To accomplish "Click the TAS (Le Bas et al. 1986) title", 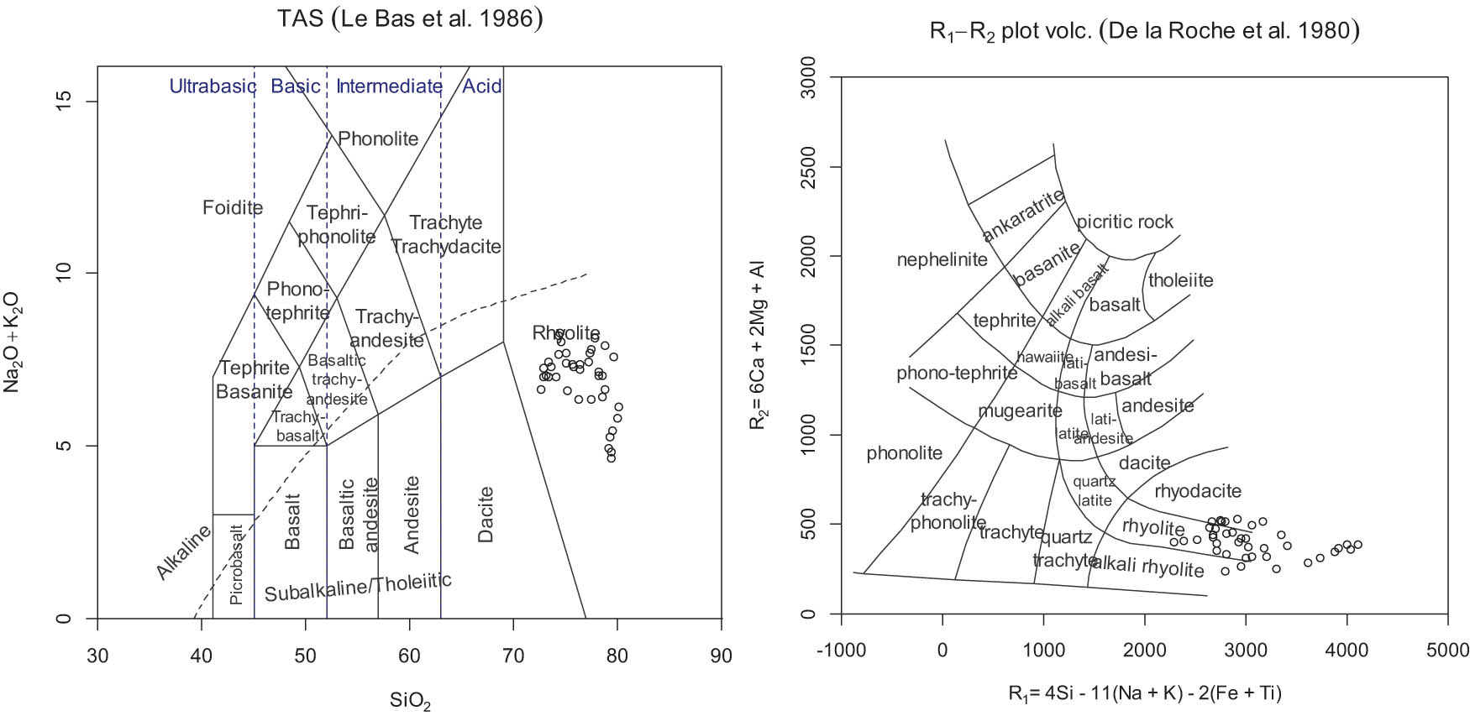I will click(x=410, y=19).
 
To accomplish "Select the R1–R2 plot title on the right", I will click(x=1144, y=31).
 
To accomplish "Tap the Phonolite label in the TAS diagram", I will click(x=378, y=139).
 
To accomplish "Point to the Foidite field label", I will click(x=233, y=207).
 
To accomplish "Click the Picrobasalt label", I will click(x=236, y=565).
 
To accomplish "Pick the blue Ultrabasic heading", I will click(x=213, y=86).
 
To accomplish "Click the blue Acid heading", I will click(x=482, y=86).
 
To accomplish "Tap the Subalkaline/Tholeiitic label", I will click(x=358, y=587).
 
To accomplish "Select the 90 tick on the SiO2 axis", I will click(x=721, y=656).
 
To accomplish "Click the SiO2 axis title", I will click(x=410, y=700).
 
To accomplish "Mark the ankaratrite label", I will click(x=1023, y=216).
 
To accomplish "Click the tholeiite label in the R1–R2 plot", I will click(x=1180, y=280).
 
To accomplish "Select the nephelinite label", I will click(x=942, y=259).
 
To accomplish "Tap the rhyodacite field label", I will click(x=1197, y=491).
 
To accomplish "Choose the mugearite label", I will click(x=1020, y=411).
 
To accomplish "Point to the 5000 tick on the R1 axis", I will click(x=1447, y=650).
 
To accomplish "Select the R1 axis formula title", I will click(x=1144, y=693).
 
